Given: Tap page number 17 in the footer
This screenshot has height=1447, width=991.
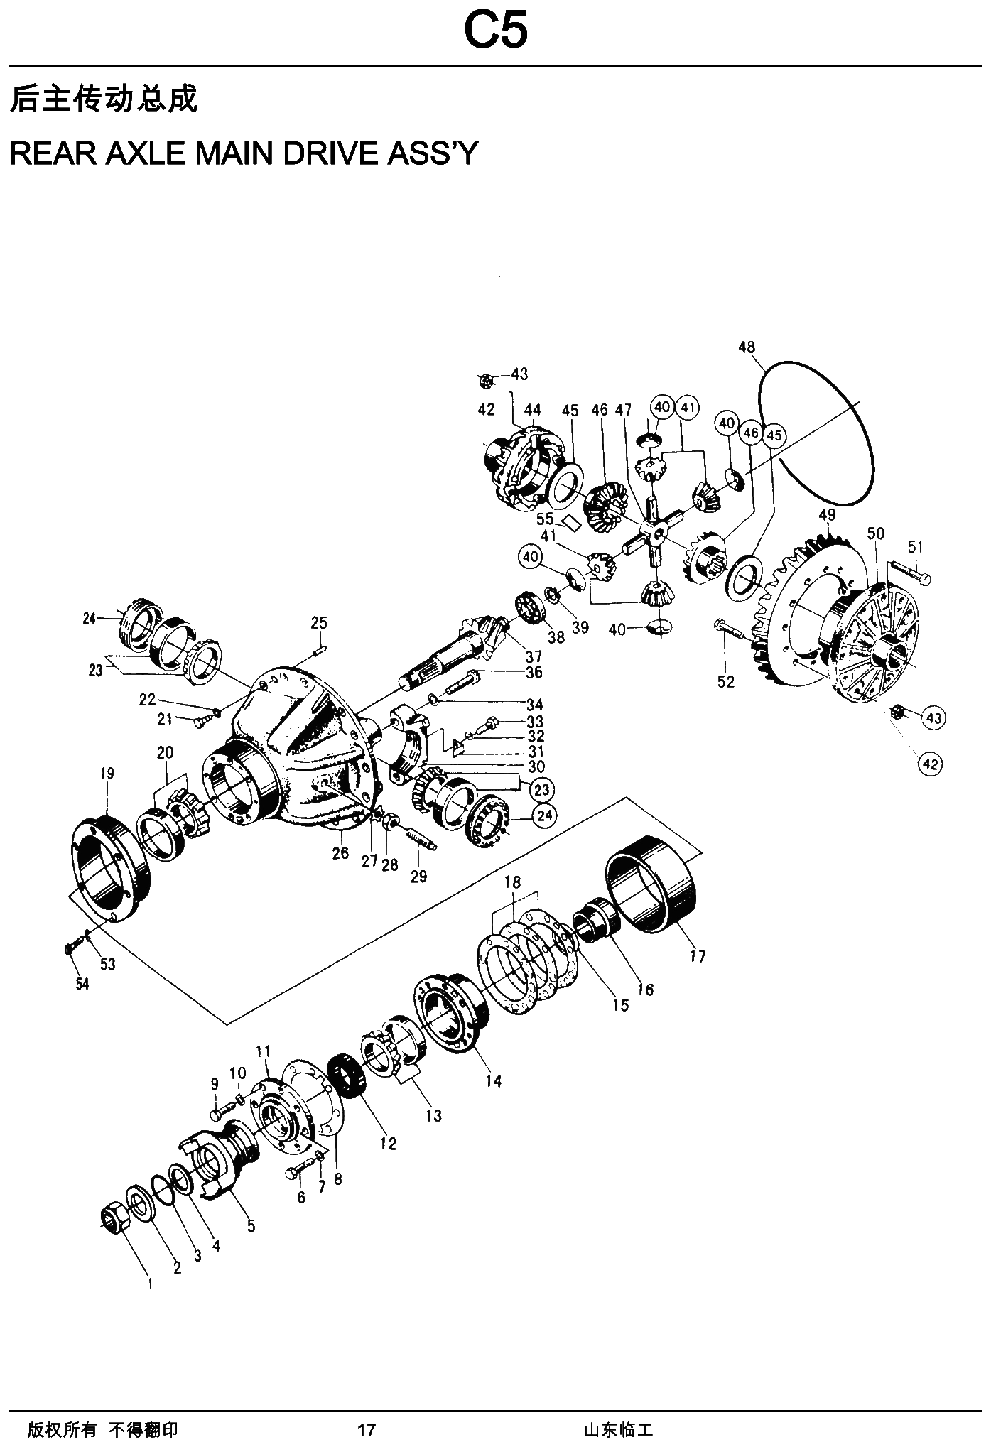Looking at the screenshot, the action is click(x=366, y=1429).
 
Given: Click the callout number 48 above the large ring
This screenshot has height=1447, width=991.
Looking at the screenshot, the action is click(x=747, y=347).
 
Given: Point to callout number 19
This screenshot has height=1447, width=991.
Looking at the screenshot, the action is click(x=107, y=774).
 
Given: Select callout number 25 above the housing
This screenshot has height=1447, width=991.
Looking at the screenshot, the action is click(x=319, y=623).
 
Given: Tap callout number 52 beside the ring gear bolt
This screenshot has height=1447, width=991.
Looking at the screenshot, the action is click(x=726, y=682).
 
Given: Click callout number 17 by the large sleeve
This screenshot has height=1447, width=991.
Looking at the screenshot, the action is click(x=698, y=956).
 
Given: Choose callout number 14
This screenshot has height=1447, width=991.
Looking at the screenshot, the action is click(x=493, y=1081).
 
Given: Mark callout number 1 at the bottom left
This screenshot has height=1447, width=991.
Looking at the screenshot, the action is click(x=150, y=1284).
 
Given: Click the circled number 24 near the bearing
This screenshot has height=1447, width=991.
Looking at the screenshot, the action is click(x=543, y=816).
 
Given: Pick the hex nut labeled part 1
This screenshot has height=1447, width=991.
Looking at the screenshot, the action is click(x=113, y=1221).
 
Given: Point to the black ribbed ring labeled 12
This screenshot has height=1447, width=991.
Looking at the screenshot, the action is click(x=347, y=1077).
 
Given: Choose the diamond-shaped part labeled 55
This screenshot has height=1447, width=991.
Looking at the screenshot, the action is click(x=571, y=523).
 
